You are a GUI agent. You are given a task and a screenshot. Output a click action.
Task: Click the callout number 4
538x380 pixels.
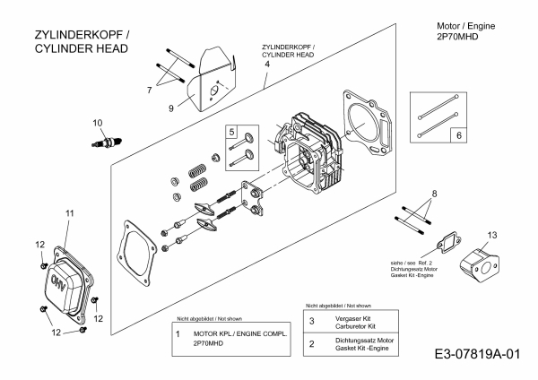pos(266,78)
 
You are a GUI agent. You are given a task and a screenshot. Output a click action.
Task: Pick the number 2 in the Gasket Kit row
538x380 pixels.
pos(311,343)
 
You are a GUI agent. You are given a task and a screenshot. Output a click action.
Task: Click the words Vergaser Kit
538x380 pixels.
pos(347,315)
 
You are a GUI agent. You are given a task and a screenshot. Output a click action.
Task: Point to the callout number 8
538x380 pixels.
pos(434,194)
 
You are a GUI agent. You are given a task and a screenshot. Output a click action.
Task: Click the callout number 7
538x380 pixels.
pos(149,90)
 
